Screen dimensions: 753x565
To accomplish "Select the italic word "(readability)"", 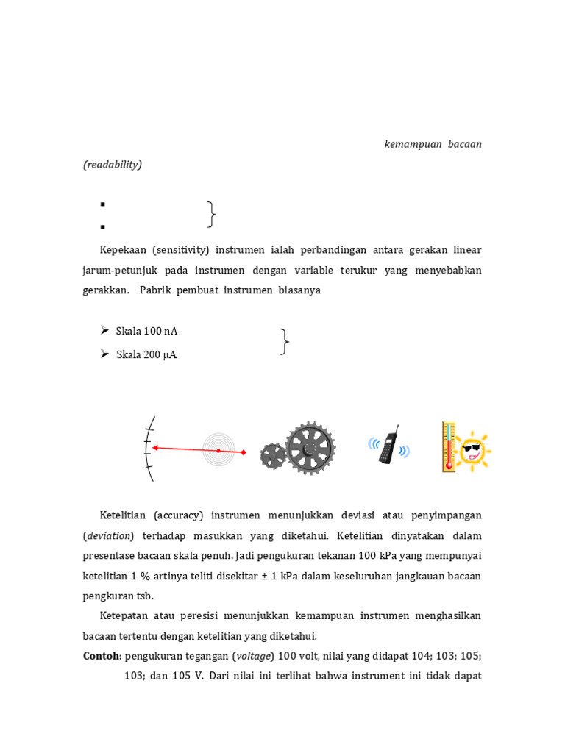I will coord(113,165).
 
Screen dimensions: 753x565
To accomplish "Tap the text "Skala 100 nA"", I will coord(146,332).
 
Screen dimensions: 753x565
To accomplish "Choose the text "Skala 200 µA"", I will coord(146,355).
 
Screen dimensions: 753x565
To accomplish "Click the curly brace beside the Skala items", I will coord(285,343).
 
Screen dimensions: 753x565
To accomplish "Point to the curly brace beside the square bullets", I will coord(212,215).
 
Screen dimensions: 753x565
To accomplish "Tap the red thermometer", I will coord(448,446).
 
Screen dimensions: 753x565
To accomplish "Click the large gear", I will coord(310,448).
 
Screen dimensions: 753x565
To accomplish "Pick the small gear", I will coord(273,456).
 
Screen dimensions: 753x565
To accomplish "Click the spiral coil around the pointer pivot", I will coord(218,450).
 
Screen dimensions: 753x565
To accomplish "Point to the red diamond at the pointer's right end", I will coord(244,452).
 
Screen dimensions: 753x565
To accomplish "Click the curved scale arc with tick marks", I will coord(149,449).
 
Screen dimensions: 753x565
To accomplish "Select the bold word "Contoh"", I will coord(102,656).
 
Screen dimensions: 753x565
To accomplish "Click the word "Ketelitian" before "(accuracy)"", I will coord(124,515).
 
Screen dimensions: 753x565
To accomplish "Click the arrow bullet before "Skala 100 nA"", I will coord(104,331).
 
